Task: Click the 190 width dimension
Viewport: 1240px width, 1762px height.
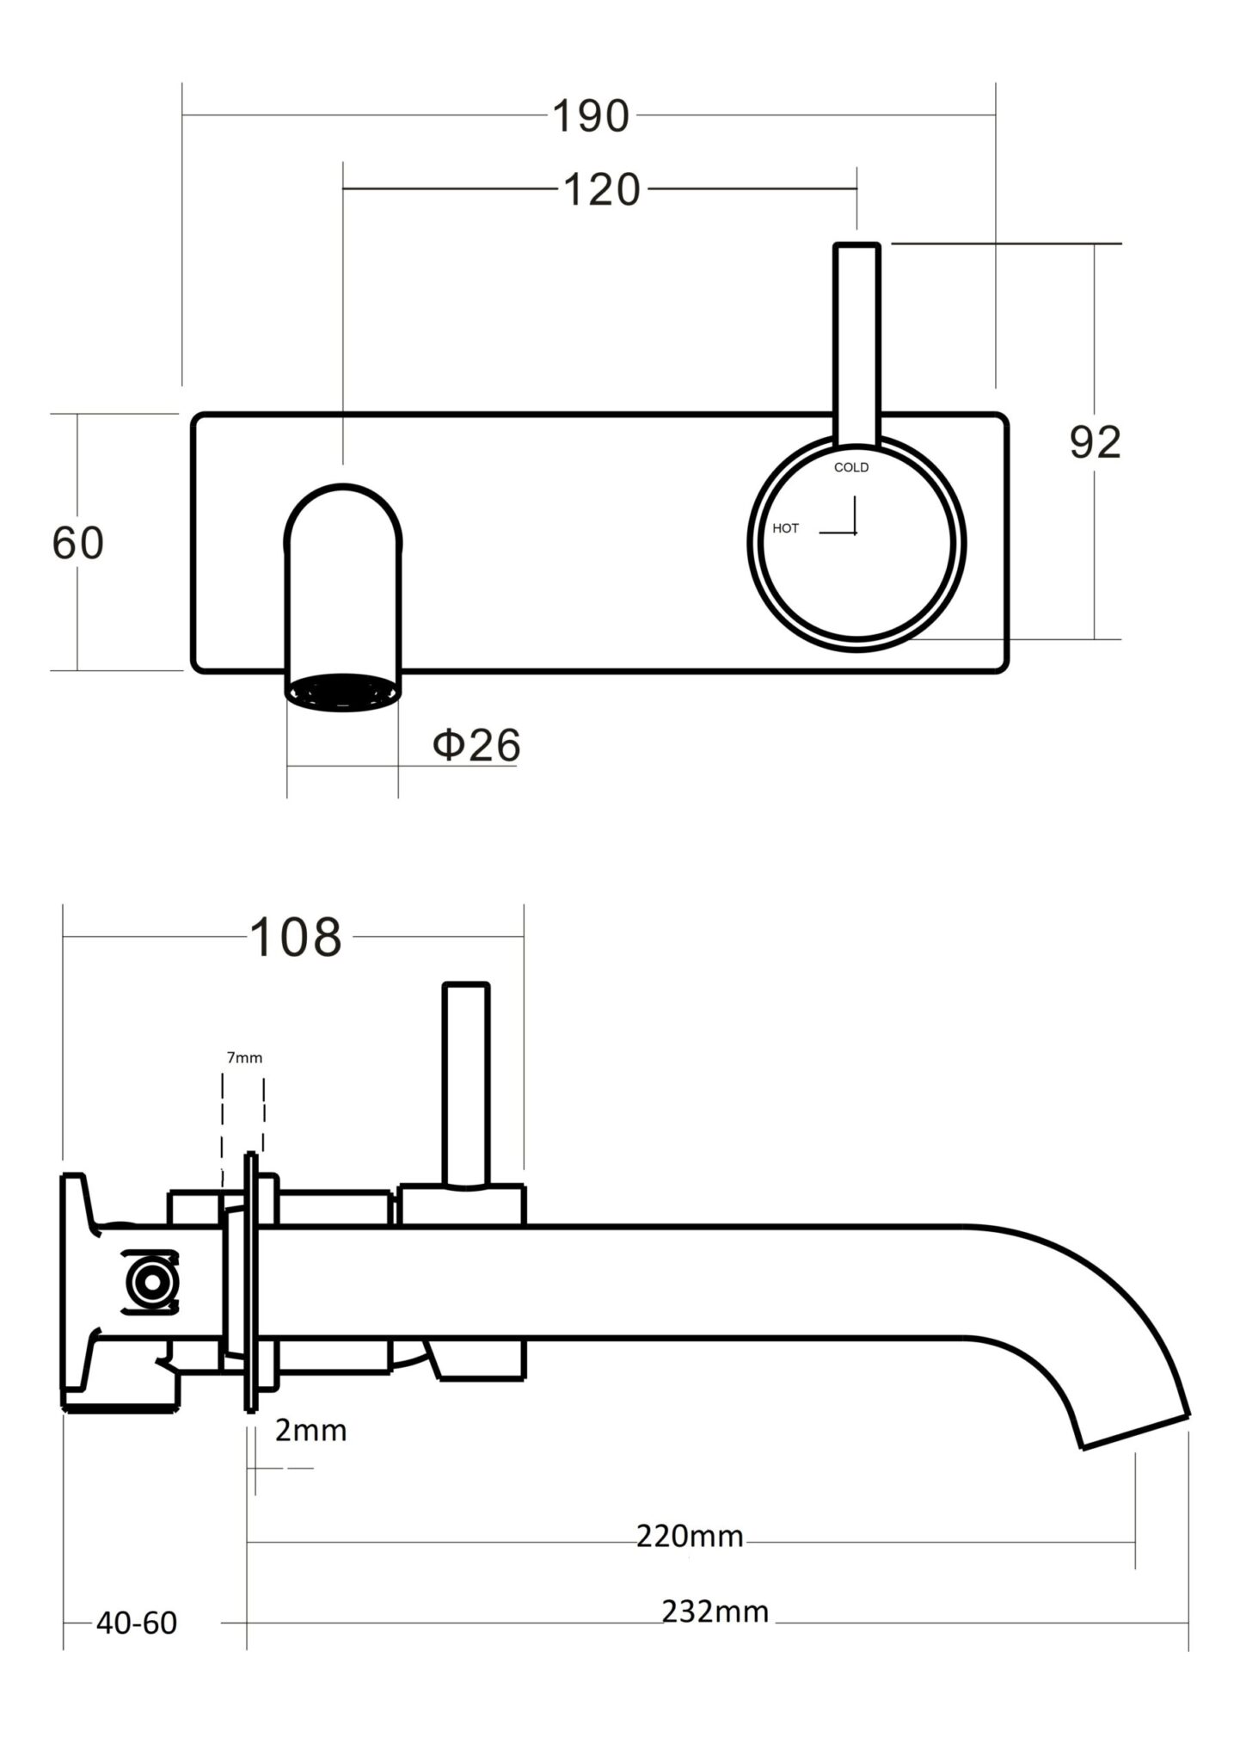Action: (x=590, y=116)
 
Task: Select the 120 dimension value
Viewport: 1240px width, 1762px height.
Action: (x=602, y=190)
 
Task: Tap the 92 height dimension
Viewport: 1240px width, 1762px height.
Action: (x=1095, y=443)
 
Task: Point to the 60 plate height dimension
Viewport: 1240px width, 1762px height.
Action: (x=77, y=543)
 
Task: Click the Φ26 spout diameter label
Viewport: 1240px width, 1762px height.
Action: (x=476, y=745)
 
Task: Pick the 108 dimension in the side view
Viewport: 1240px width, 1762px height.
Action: (x=295, y=938)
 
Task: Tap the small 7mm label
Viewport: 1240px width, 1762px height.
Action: (x=244, y=1057)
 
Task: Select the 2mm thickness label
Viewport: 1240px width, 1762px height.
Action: (x=310, y=1430)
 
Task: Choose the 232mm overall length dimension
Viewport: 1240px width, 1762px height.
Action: (x=715, y=1611)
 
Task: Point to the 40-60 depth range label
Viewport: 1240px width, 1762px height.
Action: (x=137, y=1623)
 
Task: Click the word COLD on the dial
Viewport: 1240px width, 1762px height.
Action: (x=851, y=467)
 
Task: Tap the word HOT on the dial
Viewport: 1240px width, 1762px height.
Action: (x=785, y=528)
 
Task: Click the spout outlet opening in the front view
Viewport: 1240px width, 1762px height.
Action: (x=343, y=691)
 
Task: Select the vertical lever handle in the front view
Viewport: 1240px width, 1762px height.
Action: (x=856, y=344)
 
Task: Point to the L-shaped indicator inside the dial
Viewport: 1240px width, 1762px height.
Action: (x=847, y=521)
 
